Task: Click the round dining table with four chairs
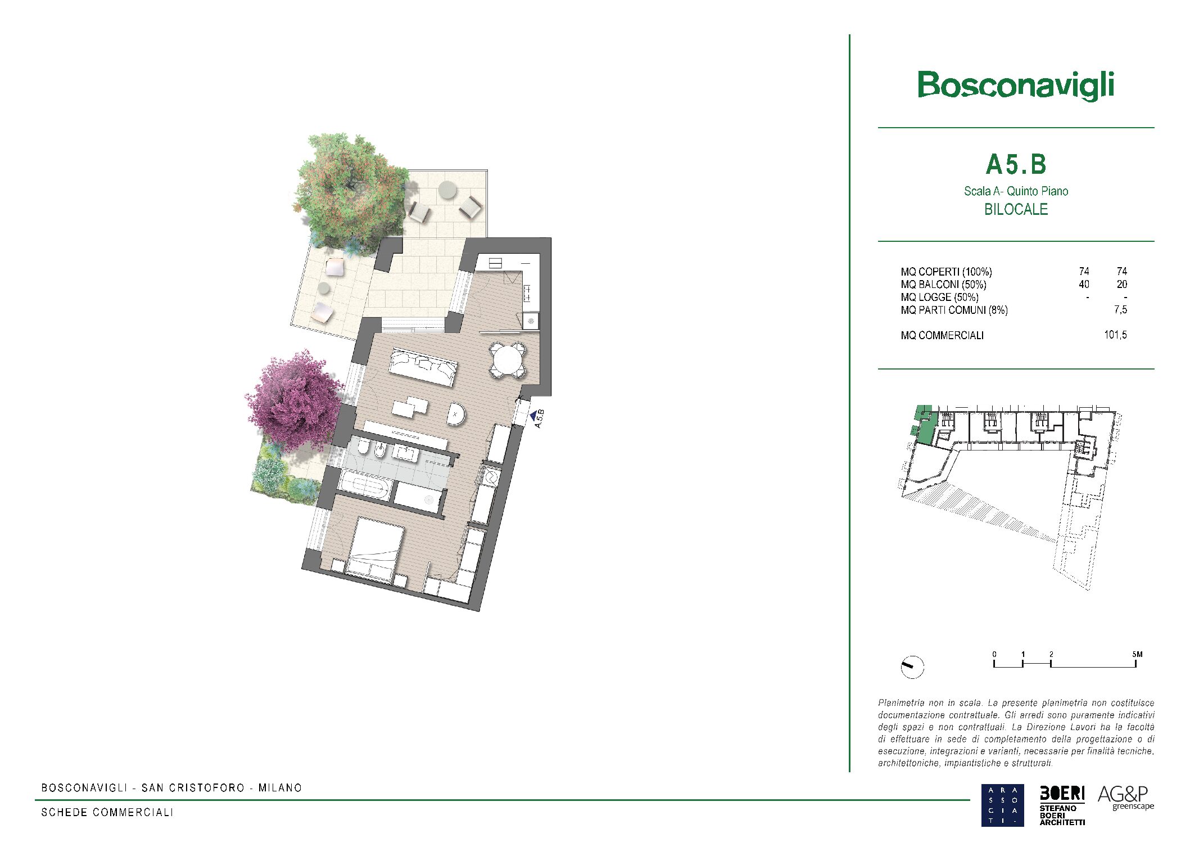[508, 360]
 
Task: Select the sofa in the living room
[423, 367]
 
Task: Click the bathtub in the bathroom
[365, 485]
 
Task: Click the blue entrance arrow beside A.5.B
[533, 416]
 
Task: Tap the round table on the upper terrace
[447, 190]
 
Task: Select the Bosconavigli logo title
[1016, 86]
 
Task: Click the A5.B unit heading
[1016, 165]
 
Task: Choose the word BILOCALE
[1016, 209]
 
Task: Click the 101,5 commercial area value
[1115, 335]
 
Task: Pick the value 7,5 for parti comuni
[1120, 309]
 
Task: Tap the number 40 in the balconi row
[1084, 284]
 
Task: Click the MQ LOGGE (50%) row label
[939, 297]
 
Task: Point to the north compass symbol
[912, 667]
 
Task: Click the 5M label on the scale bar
[1137, 654]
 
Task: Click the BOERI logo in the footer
[1062, 805]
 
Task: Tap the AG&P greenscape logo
[1125, 798]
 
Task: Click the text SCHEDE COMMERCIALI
[107, 812]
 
